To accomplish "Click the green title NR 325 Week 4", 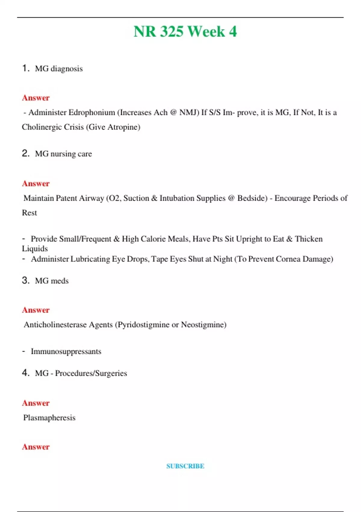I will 185,32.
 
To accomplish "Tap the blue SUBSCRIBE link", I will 185,466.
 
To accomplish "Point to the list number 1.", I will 26,68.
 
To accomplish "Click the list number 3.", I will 26,280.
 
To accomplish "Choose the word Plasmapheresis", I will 49,418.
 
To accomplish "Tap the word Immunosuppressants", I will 66,351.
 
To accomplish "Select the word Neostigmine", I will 203,325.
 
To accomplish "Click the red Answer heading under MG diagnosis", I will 36,98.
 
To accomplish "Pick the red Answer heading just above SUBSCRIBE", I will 36,447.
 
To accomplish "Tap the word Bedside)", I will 252,198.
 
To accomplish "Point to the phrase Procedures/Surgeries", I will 91,373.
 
